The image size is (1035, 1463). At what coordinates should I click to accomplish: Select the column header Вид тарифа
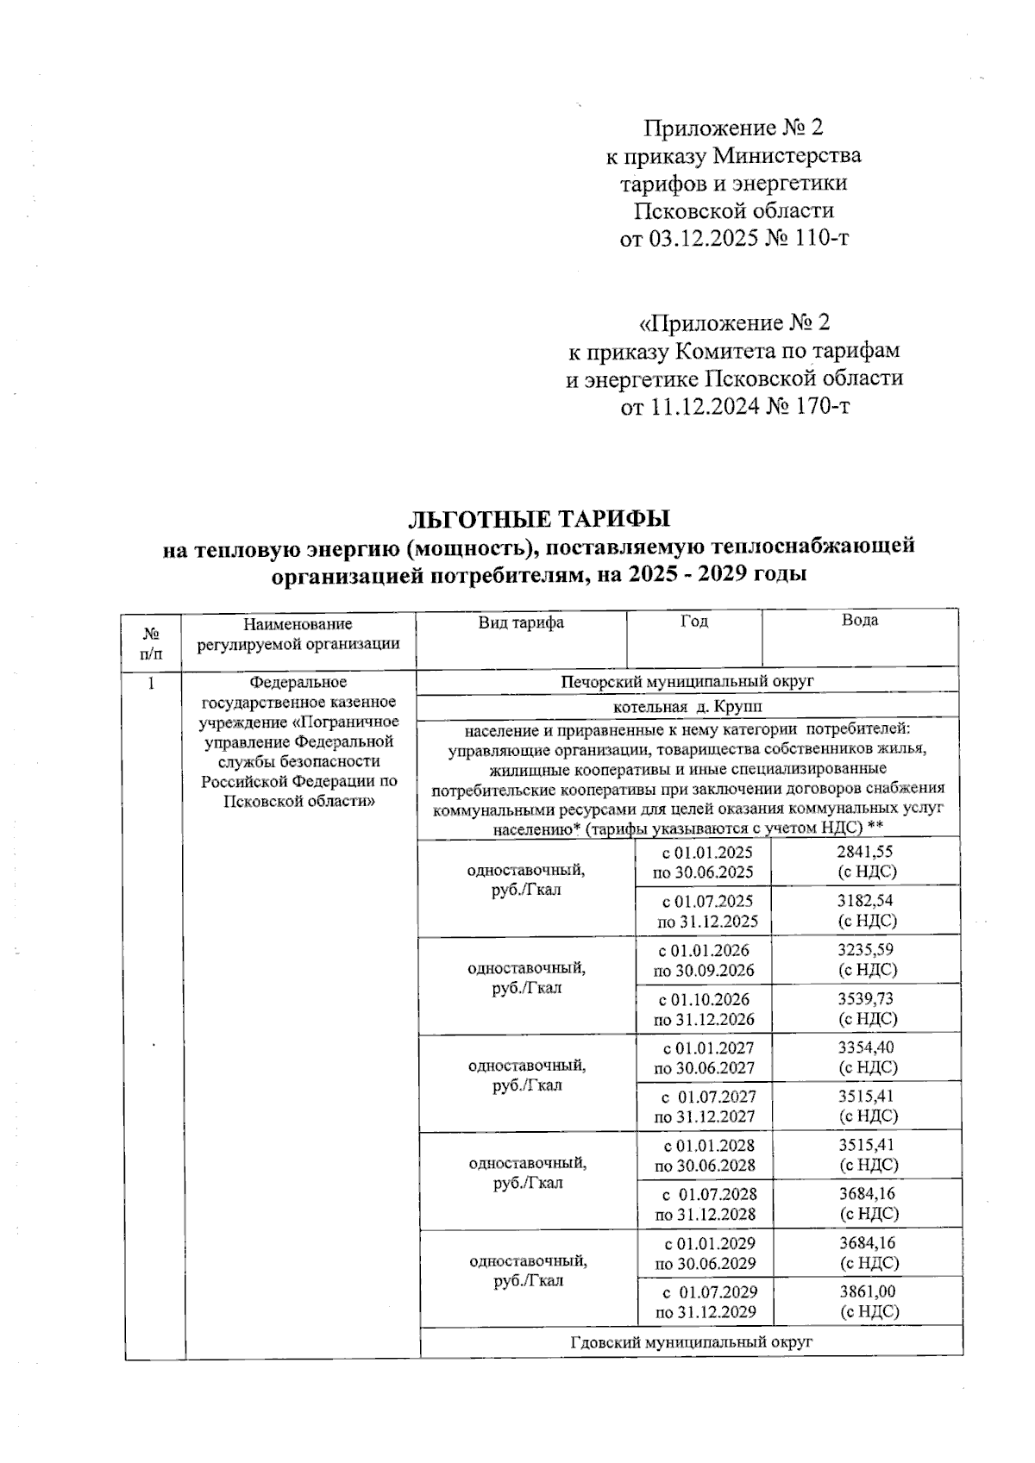[521, 622]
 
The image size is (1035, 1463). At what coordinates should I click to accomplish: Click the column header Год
[693, 621]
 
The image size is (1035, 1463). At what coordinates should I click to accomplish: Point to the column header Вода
[859, 621]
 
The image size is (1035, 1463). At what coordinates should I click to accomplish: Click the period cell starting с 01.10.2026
[703, 1009]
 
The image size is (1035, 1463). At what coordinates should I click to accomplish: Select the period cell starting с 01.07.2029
[705, 1302]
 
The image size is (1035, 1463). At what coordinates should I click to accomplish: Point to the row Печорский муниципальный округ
[687, 681]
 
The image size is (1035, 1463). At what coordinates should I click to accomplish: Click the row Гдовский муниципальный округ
[691, 1342]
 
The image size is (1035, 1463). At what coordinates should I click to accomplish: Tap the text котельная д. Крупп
[687, 706]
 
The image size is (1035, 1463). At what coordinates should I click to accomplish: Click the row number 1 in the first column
[152, 684]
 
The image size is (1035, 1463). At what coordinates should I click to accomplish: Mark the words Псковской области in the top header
[734, 210]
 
